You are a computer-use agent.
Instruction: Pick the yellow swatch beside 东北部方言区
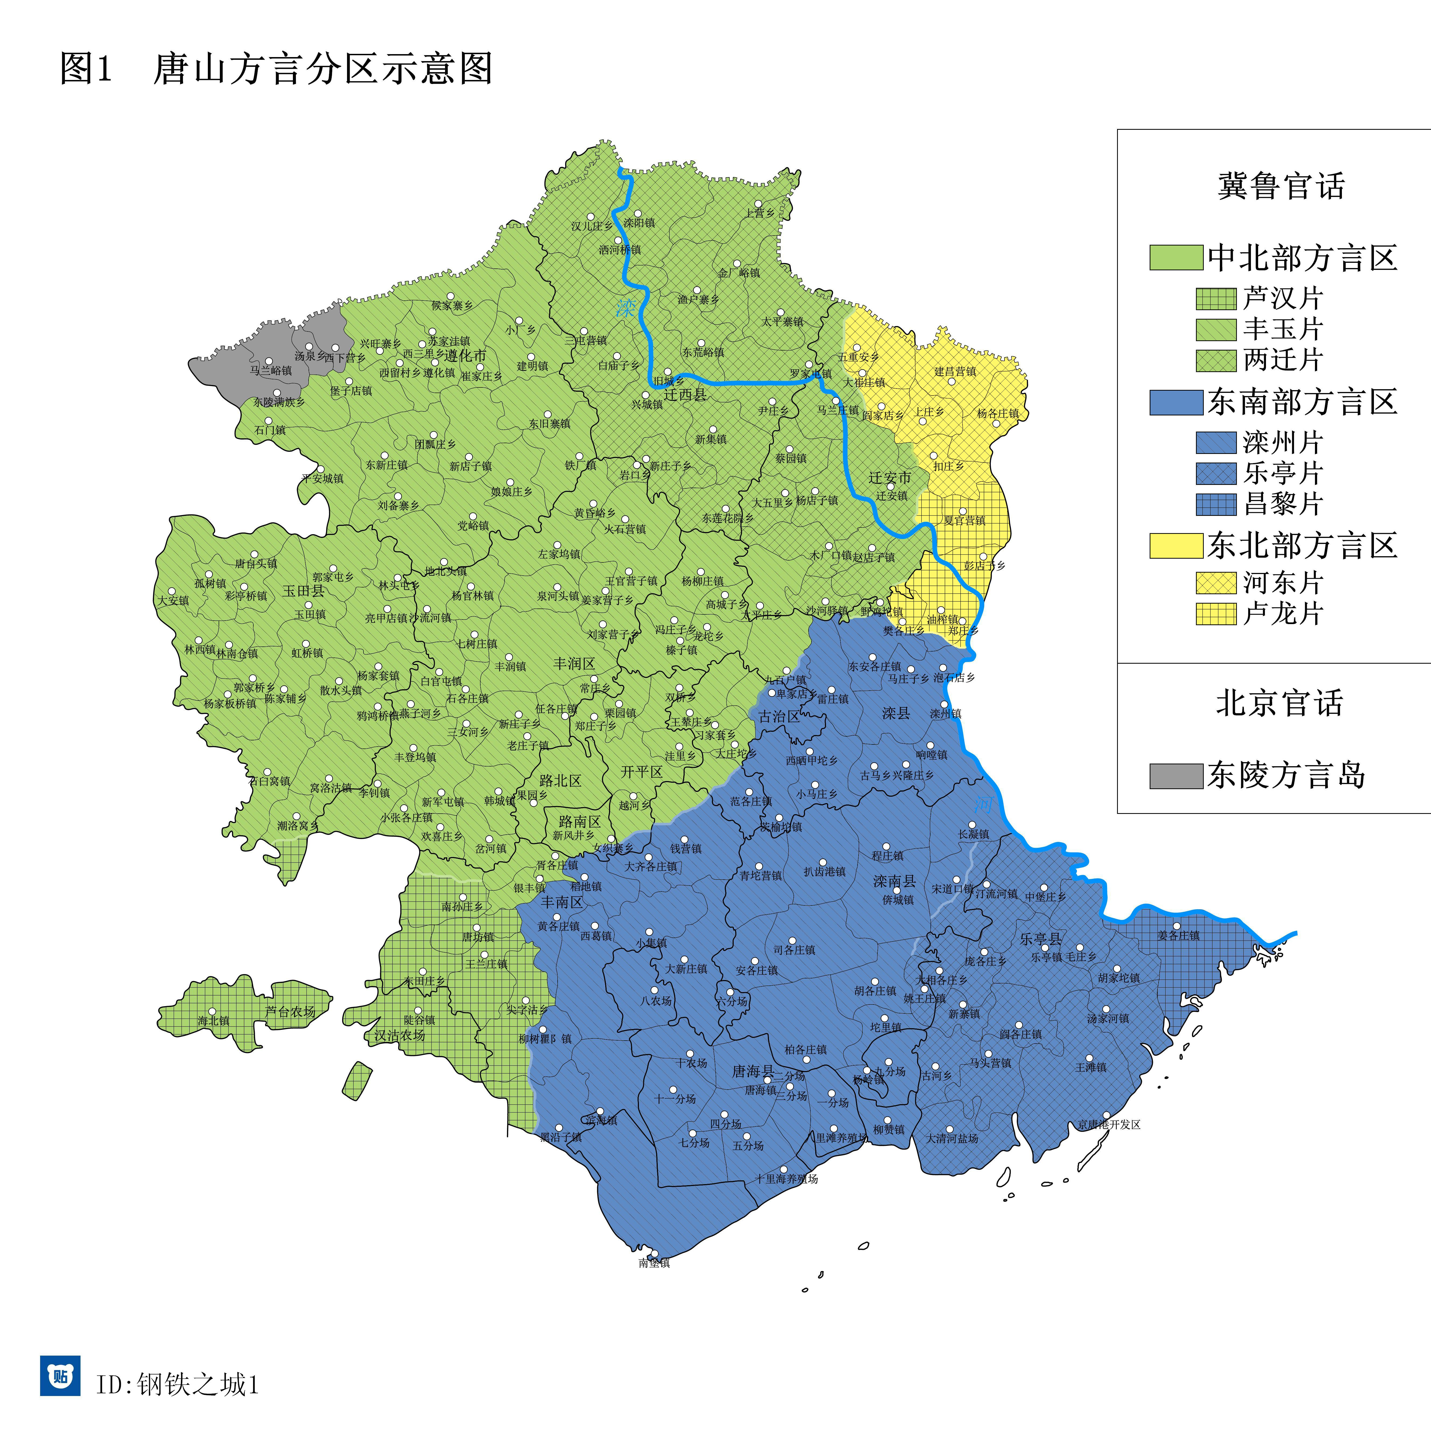[x=1175, y=546]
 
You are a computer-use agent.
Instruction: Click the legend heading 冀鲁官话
[x=1281, y=186]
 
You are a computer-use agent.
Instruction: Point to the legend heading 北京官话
[x=1279, y=703]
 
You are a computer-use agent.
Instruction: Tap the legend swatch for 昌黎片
[x=1215, y=504]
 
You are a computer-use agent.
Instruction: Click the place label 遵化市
[x=465, y=355]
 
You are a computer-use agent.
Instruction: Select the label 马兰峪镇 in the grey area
[x=270, y=370]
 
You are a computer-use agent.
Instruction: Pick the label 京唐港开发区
[x=1109, y=1124]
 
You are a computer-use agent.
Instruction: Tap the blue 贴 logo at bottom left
[x=60, y=1376]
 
